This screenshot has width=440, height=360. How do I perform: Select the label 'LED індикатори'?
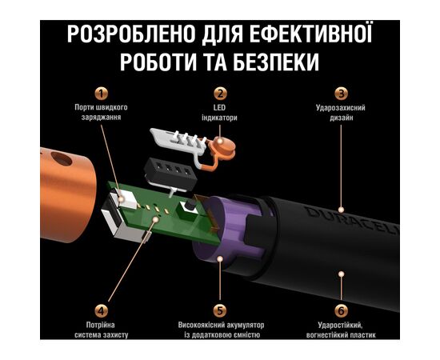click(x=221, y=113)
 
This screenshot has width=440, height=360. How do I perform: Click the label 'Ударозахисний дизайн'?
click(x=340, y=113)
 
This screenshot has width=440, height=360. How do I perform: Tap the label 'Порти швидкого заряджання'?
click(x=101, y=113)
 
